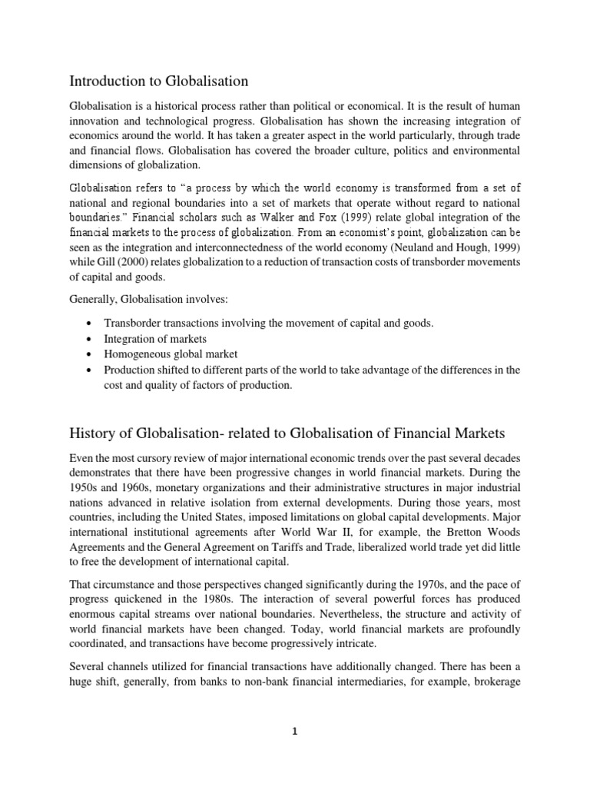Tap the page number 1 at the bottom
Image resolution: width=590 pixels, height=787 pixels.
coord(295,732)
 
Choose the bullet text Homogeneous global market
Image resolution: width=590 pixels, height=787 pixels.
coord(171,354)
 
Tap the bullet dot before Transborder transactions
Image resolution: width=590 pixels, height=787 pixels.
coord(91,324)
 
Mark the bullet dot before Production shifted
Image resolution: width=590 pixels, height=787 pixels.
coord(91,370)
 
